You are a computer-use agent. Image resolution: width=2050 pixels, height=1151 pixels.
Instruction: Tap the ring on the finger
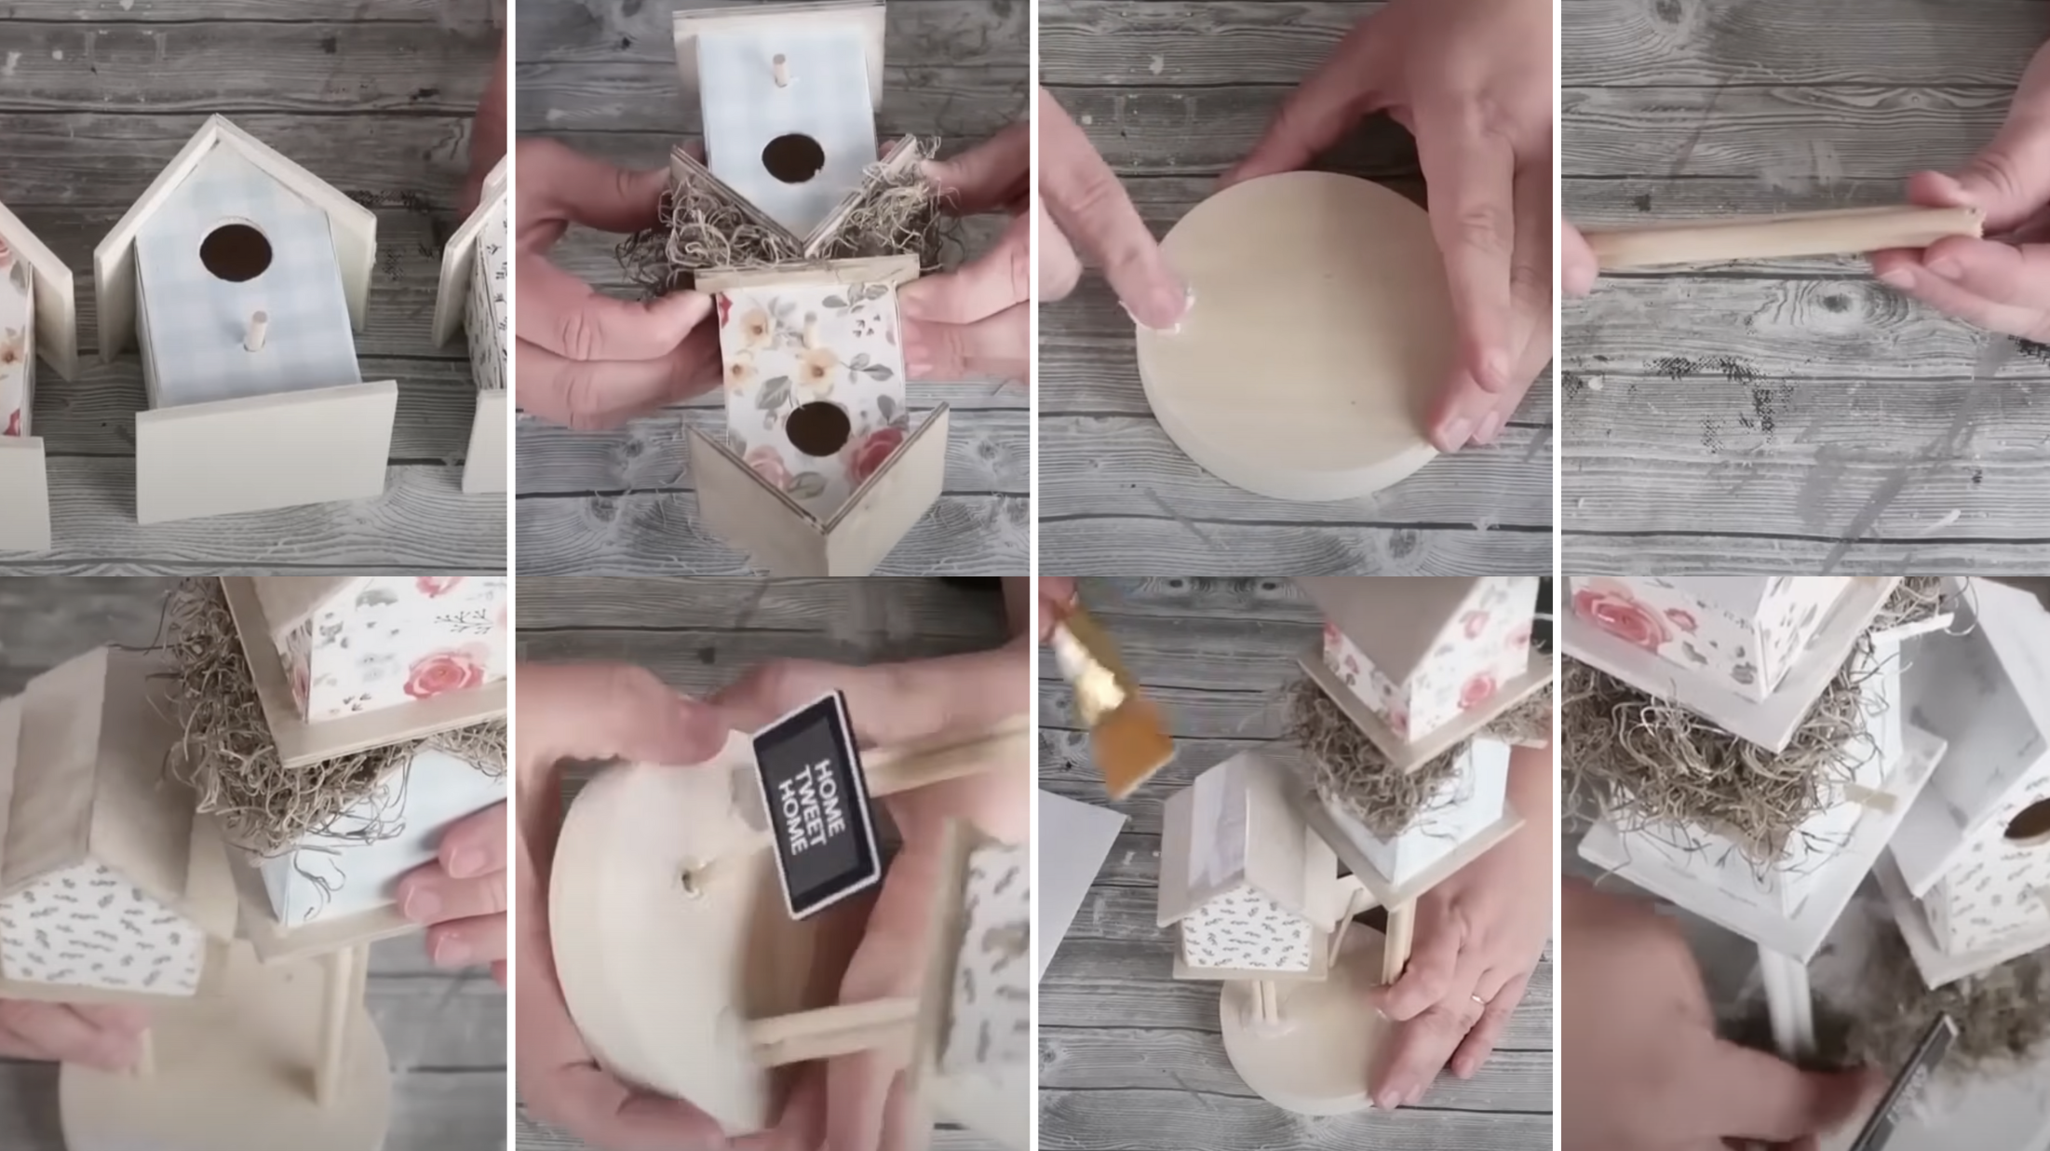(1476, 999)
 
